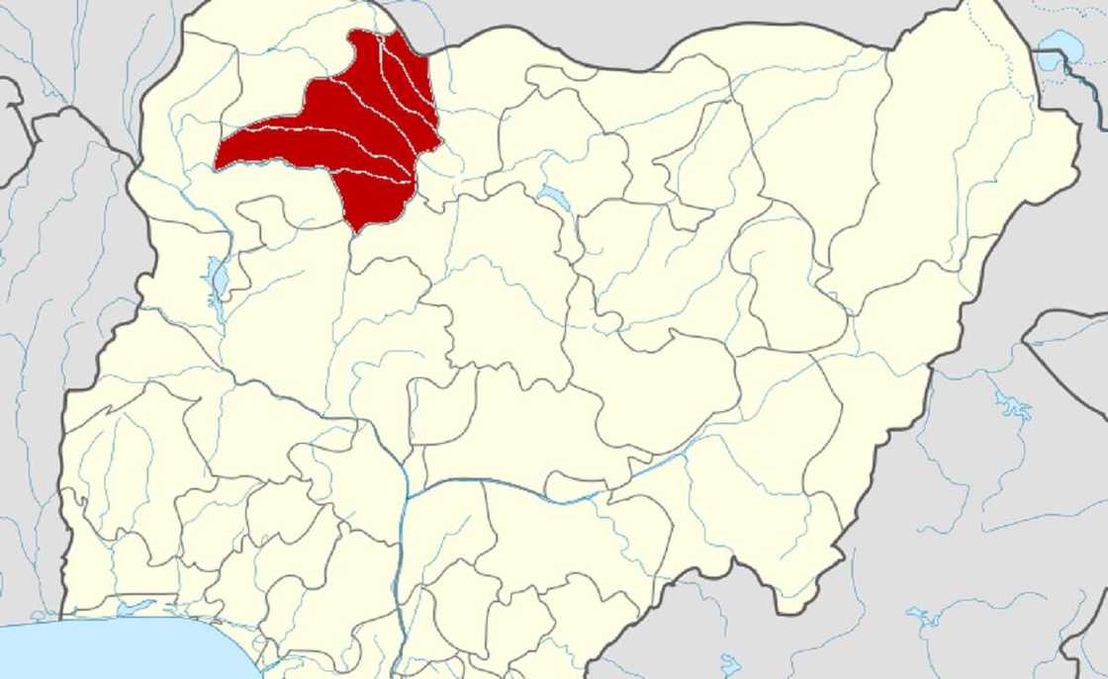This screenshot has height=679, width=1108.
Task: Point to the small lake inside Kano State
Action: [555, 199]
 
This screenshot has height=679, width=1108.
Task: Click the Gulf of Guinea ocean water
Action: [119, 652]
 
